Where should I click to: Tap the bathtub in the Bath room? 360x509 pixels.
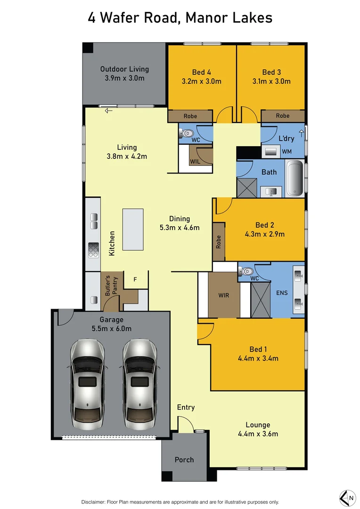point(295,178)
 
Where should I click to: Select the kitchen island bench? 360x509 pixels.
point(133,230)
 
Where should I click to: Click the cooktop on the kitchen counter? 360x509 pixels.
point(93,249)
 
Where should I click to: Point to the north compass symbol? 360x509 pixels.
point(348,498)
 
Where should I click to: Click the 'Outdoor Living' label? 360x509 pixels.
point(124,69)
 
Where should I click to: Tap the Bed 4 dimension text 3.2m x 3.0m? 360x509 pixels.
point(202,81)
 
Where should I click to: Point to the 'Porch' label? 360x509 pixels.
point(184,460)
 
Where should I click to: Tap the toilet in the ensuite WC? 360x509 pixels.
point(245,271)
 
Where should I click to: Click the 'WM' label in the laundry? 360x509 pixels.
point(287,151)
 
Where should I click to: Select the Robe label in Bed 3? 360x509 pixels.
point(283,116)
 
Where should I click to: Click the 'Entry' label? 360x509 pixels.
point(186,407)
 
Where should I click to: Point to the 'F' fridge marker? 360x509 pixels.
point(135,279)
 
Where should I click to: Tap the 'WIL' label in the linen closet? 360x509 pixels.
point(195,161)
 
